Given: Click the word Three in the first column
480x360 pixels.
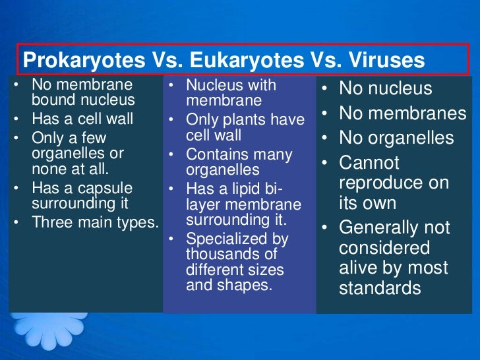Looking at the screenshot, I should coord(49,222).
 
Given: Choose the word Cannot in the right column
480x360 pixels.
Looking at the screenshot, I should coord(369,163).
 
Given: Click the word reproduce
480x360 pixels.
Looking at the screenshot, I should coord(379,182).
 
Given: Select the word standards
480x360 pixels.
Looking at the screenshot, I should coord(380,288).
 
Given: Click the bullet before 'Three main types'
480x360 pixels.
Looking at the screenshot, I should coord(16,223).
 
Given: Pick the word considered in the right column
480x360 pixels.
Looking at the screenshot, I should coord(384,248).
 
